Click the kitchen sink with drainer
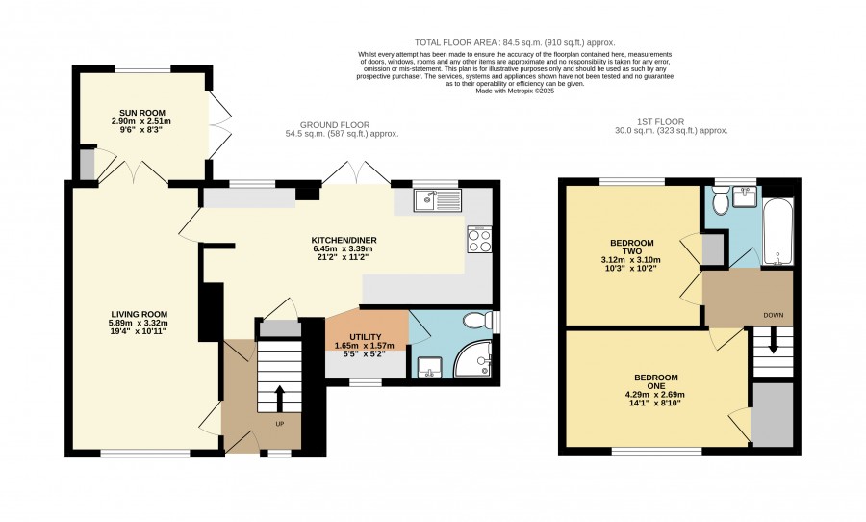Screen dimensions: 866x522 [x=437, y=200]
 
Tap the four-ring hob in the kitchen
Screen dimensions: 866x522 [x=479, y=240]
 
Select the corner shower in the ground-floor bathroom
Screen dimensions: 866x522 [x=472, y=359]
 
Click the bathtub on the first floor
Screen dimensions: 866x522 [x=777, y=232]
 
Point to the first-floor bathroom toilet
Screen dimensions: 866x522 [x=721, y=200]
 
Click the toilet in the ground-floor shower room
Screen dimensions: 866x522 [x=477, y=320]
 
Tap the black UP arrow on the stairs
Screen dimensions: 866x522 [x=279, y=398]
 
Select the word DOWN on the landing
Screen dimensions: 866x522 [x=774, y=315]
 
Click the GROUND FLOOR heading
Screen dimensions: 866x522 [x=335, y=125]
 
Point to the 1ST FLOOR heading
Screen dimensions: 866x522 [x=660, y=121]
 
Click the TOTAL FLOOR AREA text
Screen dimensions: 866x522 [x=457, y=42]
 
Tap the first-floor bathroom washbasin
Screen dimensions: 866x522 [x=746, y=196]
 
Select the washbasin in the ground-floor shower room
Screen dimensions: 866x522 [x=429, y=367]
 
